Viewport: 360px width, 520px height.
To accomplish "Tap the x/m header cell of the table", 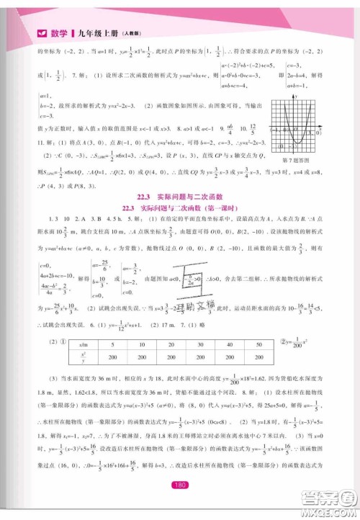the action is [x=84, y=346].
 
